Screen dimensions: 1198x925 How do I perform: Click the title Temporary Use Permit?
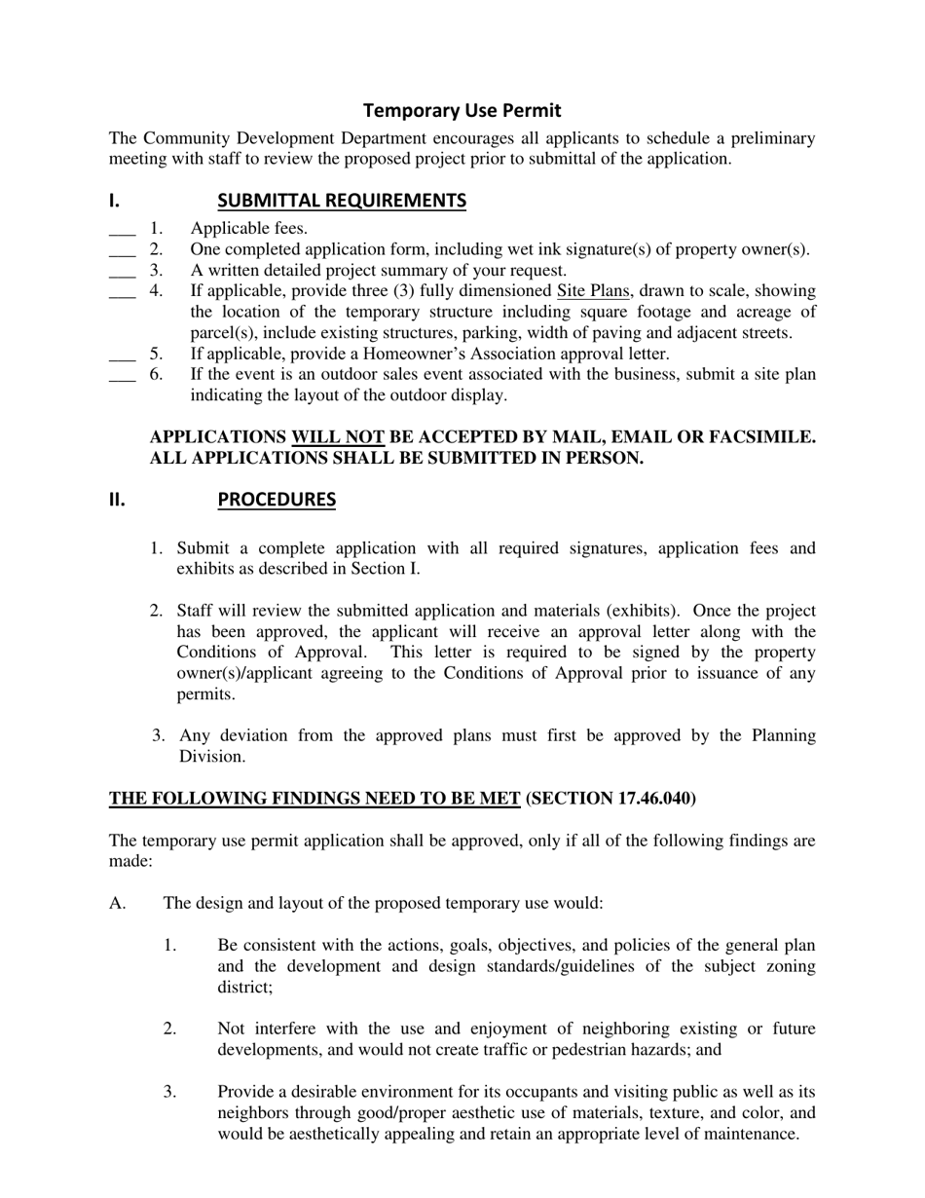click(462, 110)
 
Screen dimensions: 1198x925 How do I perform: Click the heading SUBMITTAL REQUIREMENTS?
click(342, 201)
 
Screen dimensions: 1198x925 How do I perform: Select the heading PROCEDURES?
click(277, 500)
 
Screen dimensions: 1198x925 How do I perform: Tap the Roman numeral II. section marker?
click(117, 500)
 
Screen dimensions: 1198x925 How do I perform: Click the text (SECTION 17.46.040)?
click(610, 799)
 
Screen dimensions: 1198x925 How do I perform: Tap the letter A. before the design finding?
click(118, 903)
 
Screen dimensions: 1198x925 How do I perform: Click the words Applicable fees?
click(248, 229)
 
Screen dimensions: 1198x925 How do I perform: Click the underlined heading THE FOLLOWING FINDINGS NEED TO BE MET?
click(314, 799)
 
